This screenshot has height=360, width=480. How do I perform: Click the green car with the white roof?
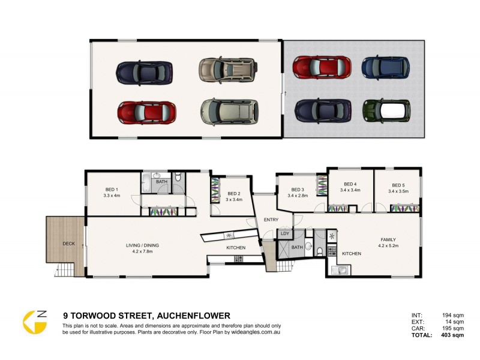coord(386,110)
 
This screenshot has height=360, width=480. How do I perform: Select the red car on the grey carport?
coord(322,67)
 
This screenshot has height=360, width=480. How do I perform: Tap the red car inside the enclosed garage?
coord(146,112)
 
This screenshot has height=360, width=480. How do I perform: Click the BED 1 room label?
coord(112,188)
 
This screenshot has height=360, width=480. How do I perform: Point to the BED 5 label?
coord(398,185)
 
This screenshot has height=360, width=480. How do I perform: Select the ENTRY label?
coord(271,220)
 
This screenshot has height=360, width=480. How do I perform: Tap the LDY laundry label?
coord(285,233)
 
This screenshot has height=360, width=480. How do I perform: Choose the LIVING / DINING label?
coord(142,245)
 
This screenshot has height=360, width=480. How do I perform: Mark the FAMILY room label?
coord(388,239)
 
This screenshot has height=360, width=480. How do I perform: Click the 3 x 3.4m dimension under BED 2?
coord(234,200)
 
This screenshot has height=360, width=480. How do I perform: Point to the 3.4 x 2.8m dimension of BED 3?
coord(297,196)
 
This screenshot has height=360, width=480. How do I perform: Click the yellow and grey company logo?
coord(35,322)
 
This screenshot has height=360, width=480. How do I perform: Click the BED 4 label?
coord(350,184)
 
